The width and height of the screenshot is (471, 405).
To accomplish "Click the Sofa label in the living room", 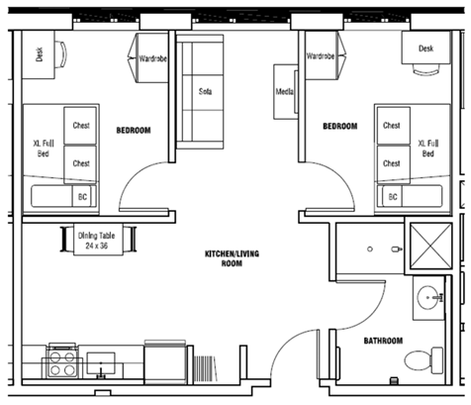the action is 205,91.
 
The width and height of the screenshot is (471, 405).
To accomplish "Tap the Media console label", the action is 285,91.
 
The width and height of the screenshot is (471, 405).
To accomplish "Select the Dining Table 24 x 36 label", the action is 96,241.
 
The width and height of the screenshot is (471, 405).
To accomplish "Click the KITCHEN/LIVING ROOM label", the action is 232,258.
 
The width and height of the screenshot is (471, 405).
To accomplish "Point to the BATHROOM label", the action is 383,341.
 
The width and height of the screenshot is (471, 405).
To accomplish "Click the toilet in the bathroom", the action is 424,360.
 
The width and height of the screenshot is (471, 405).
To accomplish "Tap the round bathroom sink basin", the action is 427,297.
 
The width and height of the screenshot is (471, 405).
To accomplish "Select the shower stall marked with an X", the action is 430,246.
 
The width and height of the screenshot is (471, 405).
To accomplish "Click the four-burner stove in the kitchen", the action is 62,362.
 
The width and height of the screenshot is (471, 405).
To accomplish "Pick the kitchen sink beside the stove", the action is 101,363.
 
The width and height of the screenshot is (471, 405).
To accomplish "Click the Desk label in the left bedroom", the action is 40,54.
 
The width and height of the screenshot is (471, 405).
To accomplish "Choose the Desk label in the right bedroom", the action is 425,49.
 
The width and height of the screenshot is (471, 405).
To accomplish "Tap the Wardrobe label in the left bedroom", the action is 152,58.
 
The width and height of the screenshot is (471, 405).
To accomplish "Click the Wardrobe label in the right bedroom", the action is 321,56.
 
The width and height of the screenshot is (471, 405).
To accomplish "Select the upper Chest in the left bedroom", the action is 80,126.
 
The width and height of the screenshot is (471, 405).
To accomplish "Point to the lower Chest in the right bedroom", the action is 394,163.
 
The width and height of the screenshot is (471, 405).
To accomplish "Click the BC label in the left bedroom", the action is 82,197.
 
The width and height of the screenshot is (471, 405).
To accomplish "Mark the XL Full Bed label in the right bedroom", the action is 428,149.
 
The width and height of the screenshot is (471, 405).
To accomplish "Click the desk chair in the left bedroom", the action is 61,54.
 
